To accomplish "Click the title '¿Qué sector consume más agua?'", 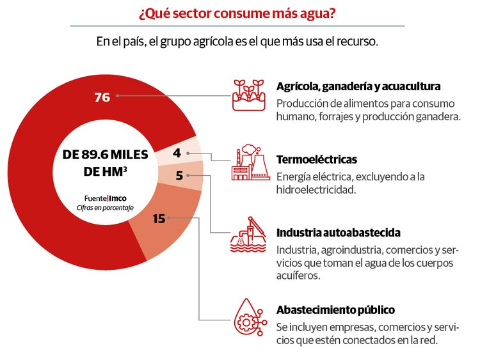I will pyautogui.click(x=237, y=13).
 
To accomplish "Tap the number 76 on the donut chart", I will pyautogui.click(x=102, y=97).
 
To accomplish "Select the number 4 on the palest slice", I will pyautogui.click(x=176, y=153).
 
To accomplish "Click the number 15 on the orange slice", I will pyautogui.click(x=159, y=219).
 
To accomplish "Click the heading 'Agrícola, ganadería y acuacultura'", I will pyautogui.click(x=358, y=86).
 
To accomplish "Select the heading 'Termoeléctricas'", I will pyautogui.click(x=316, y=159).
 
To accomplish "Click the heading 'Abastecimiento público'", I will pyautogui.click(x=335, y=310).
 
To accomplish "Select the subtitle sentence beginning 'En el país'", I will pyautogui.click(x=237, y=42).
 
